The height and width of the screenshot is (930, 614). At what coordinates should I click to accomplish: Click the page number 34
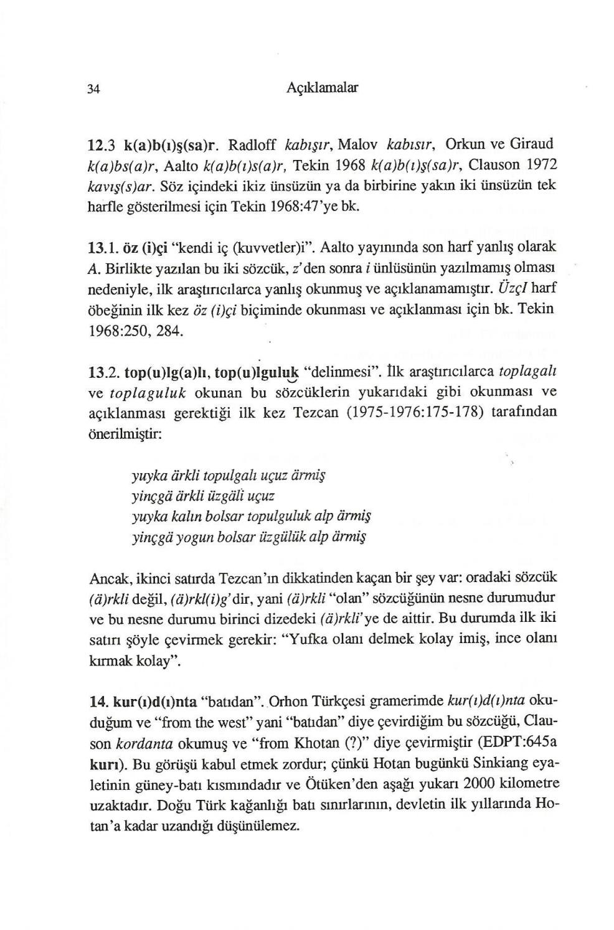[93, 88]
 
